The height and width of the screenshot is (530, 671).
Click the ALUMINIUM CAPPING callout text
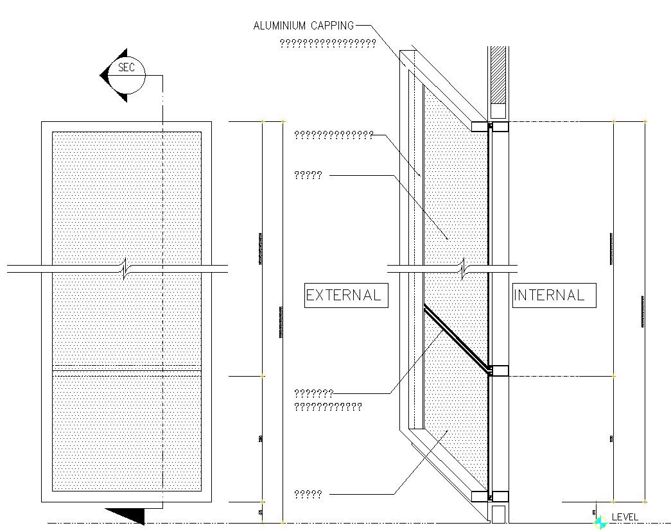[x=303, y=26]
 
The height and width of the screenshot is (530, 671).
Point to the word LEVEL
[x=625, y=517]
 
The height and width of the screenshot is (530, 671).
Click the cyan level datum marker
[x=600, y=523]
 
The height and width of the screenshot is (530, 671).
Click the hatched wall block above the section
[x=498, y=74]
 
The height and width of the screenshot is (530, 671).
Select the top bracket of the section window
[x=490, y=126]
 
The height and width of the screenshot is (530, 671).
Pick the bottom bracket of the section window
[x=490, y=496]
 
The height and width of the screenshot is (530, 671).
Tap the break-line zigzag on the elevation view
[x=126, y=269]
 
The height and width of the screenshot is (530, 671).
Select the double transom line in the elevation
[x=126, y=368]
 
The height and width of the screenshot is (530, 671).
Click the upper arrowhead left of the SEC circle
[x=122, y=55]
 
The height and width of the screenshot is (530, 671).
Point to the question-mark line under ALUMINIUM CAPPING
[x=327, y=44]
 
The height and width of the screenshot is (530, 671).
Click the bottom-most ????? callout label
[x=308, y=494]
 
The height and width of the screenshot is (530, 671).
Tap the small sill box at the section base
[x=499, y=513]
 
